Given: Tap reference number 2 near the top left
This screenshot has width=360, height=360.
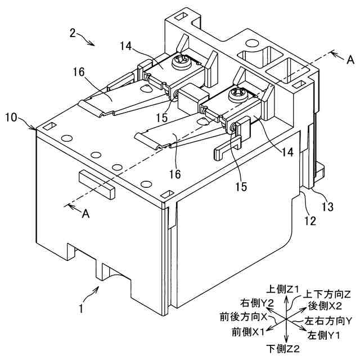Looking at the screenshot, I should (x=73, y=33).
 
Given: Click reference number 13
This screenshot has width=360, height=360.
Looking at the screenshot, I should (x=326, y=207).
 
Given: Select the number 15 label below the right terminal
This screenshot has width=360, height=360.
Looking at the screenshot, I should (x=241, y=186).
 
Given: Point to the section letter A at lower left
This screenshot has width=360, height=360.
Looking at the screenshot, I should (x=84, y=214).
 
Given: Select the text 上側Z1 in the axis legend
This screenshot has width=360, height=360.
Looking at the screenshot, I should (x=286, y=289).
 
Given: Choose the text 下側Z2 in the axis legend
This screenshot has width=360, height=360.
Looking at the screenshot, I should (x=285, y=349).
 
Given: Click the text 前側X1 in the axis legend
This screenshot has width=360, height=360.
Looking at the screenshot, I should (x=248, y=332).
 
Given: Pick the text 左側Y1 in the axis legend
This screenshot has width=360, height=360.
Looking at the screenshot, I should (x=323, y=335).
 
